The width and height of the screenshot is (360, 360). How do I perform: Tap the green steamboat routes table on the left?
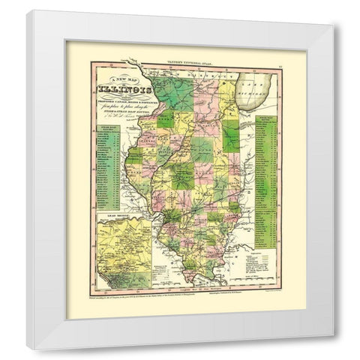[x=106, y=176]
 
